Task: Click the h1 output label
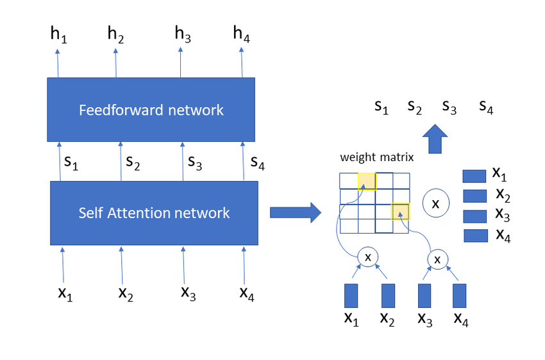click(59, 35)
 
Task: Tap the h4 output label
click(242, 35)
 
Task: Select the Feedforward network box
click(151, 110)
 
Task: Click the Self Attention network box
click(154, 213)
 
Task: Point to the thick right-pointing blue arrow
click(296, 212)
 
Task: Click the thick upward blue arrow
click(435, 139)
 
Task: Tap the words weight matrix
click(377, 157)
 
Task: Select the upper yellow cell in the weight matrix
click(367, 182)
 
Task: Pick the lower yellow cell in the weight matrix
click(400, 212)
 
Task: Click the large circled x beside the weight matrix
click(436, 203)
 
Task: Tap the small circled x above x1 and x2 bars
click(368, 257)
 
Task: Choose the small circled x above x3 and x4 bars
click(437, 259)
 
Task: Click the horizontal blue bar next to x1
click(474, 176)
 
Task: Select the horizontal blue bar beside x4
click(476, 236)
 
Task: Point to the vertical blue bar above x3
click(424, 296)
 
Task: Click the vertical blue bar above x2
click(389, 296)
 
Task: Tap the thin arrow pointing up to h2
click(116, 63)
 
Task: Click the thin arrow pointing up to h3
click(180, 62)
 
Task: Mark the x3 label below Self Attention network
click(189, 293)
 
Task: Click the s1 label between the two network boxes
click(71, 162)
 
